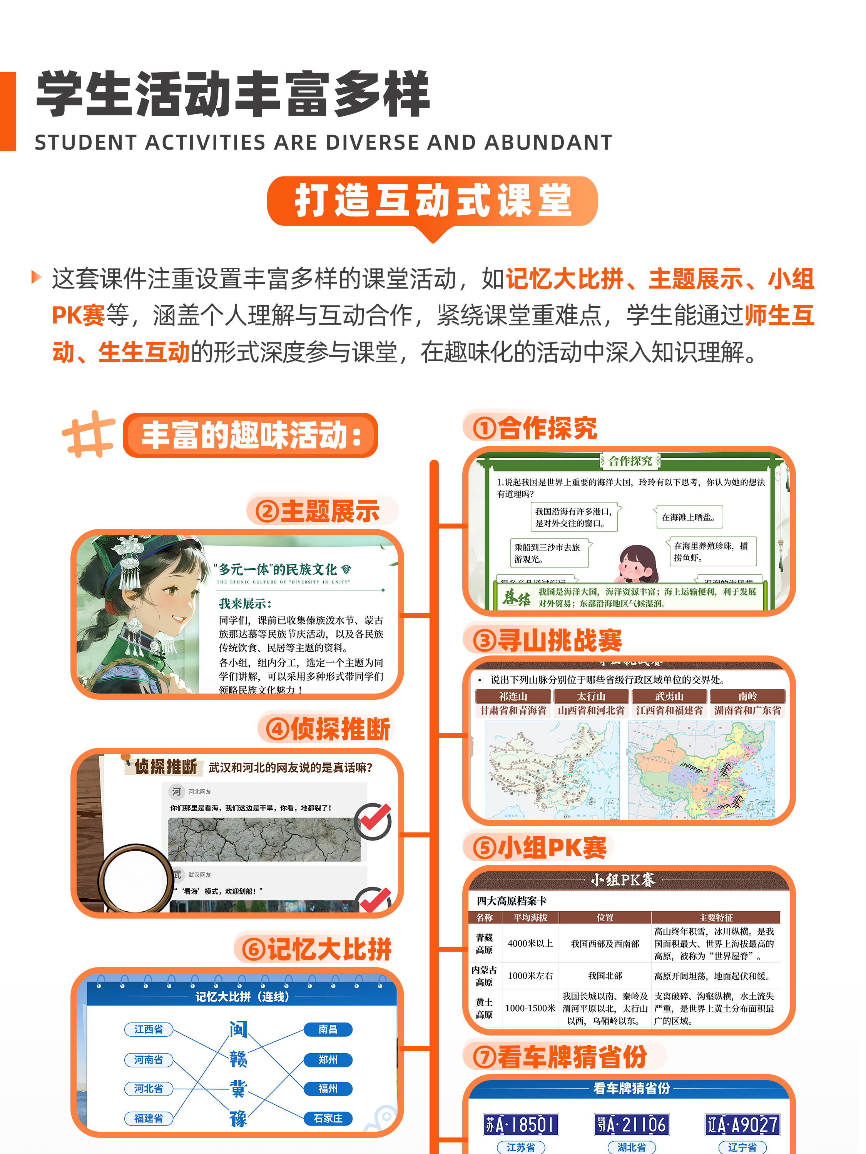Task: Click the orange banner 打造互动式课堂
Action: [432, 202]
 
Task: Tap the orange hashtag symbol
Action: [89, 434]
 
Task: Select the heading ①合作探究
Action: [535, 428]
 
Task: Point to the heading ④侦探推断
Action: [328, 729]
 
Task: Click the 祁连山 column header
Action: [513, 696]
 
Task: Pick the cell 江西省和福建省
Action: [669, 710]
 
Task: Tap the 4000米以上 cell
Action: [530, 944]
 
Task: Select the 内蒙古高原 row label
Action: [484, 976]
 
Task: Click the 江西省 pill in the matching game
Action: [149, 1029]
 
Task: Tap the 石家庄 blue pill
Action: [328, 1118]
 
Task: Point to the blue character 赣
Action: [238, 1059]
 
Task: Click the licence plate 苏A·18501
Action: [520, 1124]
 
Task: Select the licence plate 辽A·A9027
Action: [742, 1124]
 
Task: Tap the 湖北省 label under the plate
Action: [631, 1147]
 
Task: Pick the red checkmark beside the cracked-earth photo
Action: [374, 819]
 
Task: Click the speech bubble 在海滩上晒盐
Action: [689, 517]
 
